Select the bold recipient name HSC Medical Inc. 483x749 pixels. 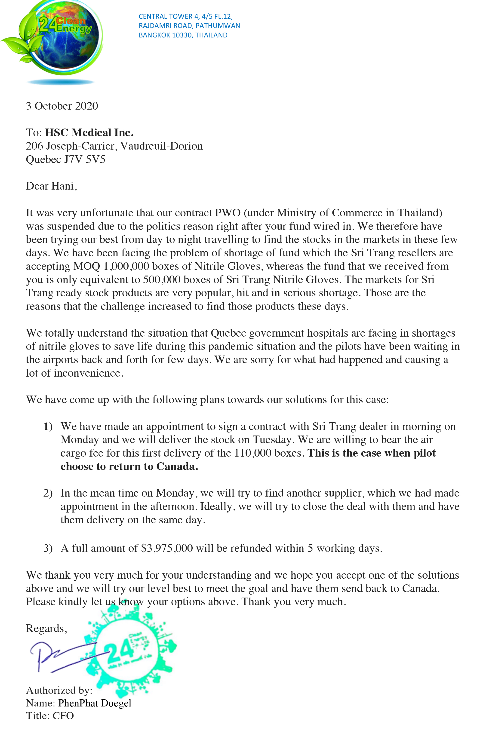click(x=89, y=133)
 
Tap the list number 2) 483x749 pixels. click(x=48, y=493)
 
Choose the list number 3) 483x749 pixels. click(x=48, y=548)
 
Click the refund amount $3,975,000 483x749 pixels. click(x=167, y=548)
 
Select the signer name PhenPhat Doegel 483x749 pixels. click(x=95, y=703)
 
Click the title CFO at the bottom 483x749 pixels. click(x=63, y=716)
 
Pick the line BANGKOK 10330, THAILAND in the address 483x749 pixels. click(x=183, y=35)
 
